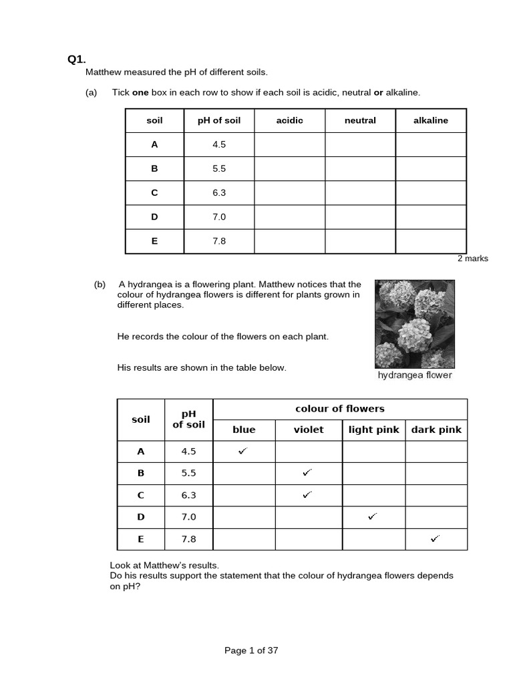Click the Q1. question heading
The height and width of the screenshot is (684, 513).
[x=77, y=59]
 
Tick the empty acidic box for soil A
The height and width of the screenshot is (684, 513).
[x=289, y=144]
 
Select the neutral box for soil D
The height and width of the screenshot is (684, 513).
[x=360, y=217]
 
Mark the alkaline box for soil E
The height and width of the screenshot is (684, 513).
[x=431, y=241]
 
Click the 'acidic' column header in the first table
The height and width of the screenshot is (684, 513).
[x=289, y=120]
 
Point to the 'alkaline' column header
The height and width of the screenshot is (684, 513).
[x=431, y=120]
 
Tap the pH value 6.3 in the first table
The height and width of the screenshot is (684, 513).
[x=219, y=192]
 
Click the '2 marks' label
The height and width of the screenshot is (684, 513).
[x=472, y=259]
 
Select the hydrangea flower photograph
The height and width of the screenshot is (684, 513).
[x=414, y=323]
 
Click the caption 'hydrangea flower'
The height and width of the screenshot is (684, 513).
[x=415, y=375]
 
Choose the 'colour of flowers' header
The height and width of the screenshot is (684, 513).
[x=340, y=409]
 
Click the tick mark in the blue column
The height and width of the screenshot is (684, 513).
[x=242, y=451]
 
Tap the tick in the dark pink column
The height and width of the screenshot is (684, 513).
[x=436, y=538]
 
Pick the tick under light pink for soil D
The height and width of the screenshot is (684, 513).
[x=372, y=516]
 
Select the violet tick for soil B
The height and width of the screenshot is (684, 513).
[x=307, y=473]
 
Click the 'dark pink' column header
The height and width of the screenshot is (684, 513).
[x=436, y=430]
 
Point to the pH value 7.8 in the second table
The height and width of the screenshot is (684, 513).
[x=188, y=538]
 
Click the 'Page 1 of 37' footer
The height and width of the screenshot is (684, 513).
[x=251, y=651]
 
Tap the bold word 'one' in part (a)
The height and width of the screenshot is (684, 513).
[x=140, y=92]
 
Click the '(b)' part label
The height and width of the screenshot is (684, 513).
[x=100, y=284]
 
